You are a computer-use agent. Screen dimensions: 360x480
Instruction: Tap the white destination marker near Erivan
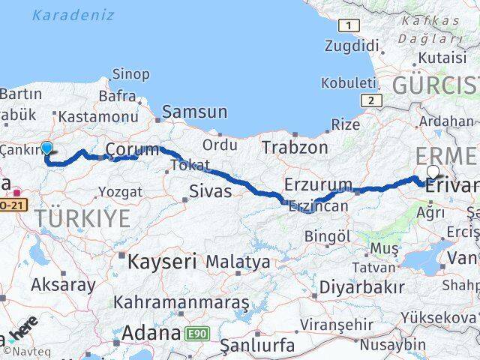coord(433,172)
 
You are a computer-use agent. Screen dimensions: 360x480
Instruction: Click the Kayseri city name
coord(162,262)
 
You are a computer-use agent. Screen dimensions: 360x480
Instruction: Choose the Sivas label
coord(210,191)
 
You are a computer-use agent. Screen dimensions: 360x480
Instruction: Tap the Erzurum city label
coord(318,184)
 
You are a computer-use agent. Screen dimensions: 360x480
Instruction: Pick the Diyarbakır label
coord(361,286)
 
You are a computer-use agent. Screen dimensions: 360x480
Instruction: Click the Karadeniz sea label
coord(73,15)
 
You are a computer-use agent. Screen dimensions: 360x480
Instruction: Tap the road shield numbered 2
coord(369,100)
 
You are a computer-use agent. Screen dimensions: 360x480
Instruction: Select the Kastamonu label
coord(97,117)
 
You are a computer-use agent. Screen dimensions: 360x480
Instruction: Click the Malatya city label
coord(238,262)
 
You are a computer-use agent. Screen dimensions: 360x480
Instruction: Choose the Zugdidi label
coord(349,46)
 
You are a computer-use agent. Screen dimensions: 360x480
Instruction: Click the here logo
coord(22,331)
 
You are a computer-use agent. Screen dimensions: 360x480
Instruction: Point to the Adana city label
coord(150,332)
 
